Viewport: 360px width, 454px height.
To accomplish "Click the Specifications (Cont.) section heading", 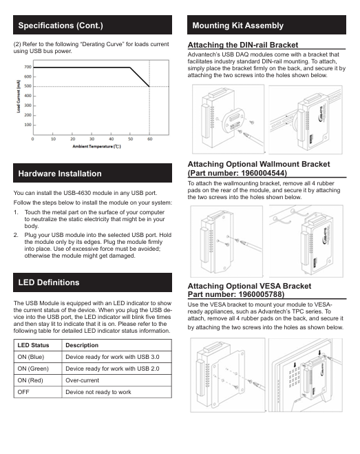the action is [x=61, y=25].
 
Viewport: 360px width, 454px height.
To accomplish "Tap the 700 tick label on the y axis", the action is [x=28, y=67].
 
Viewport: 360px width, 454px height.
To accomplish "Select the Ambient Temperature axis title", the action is [x=96, y=147].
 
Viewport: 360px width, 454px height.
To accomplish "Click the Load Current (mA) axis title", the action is [x=19, y=96].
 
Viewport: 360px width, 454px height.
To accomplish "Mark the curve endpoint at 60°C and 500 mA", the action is [x=149, y=86].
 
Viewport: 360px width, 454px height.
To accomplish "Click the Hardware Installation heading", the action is [x=60, y=174].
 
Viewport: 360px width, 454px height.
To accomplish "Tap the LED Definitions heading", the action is [x=49, y=282].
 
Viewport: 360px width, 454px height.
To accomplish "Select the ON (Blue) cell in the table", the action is [x=31, y=357].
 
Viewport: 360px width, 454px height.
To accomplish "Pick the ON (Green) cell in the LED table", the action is [x=33, y=369].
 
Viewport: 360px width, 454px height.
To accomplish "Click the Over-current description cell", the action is [x=82, y=380].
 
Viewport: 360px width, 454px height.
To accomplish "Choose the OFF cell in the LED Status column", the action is [x=23, y=392].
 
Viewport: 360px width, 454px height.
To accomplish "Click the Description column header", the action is [x=82, y=345].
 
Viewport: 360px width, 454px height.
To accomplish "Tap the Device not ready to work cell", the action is [x=98, y=392].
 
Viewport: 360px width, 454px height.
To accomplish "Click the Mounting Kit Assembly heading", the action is [x=238, y=25].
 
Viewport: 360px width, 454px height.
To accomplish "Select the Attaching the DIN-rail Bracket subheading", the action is [x=243, y=45].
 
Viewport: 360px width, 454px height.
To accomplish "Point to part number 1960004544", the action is [x=263, y=173].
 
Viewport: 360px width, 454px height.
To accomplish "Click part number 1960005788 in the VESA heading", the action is [x=260, y=294].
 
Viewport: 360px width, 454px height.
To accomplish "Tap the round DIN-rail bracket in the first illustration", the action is [x=233, y=120].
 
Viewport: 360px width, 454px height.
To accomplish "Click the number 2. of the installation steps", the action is [x=16, y=235].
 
